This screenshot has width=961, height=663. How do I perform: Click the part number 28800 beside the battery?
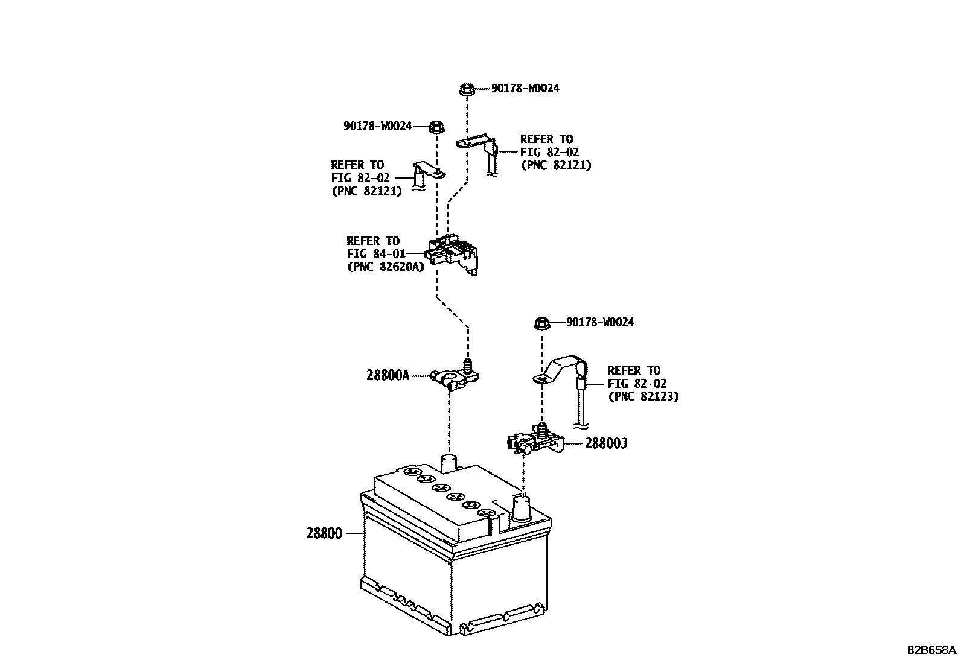coord(324,533)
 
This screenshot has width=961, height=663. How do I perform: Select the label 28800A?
coord(388,375)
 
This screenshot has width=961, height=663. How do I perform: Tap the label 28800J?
coord(605,443)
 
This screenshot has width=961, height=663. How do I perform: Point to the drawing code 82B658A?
coord(931,650)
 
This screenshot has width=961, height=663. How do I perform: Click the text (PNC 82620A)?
coord(386,266)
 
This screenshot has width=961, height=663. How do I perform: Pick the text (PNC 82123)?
coord(643,396)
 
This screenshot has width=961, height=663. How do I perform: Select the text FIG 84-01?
coord(376,253)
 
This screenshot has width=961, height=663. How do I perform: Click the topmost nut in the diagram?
coord(466,89)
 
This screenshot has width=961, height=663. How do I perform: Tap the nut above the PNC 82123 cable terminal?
coord(541,323)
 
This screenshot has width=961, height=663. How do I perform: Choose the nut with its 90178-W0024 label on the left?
coord(436,127)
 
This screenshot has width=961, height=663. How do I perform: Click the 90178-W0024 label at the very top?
coord(525,88)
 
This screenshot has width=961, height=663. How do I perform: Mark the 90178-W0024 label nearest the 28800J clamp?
coord(600,322)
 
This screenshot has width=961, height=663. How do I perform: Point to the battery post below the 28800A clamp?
coord(449,465)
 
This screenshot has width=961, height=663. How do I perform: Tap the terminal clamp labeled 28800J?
coord(534,442)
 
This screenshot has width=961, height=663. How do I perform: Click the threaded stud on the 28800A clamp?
coord(467,364)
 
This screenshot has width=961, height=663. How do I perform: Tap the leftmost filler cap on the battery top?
coord(412,472)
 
